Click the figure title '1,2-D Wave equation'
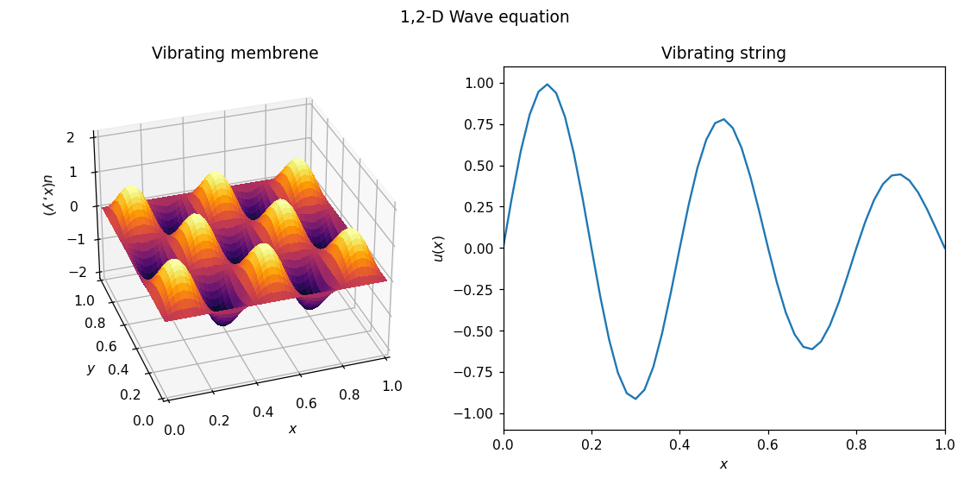485,17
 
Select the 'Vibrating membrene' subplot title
235,54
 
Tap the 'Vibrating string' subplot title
723,54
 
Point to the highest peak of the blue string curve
547,85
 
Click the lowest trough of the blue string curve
635,398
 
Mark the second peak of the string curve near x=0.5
723,120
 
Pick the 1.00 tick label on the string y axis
478,84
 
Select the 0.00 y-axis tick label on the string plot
478,249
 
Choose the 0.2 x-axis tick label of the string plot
591,445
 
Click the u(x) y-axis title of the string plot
439,249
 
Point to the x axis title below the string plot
723,464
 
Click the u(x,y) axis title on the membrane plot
49,195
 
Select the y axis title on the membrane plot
91,368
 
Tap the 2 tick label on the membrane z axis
71,137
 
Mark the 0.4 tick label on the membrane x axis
263,413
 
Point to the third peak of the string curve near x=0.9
899,174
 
